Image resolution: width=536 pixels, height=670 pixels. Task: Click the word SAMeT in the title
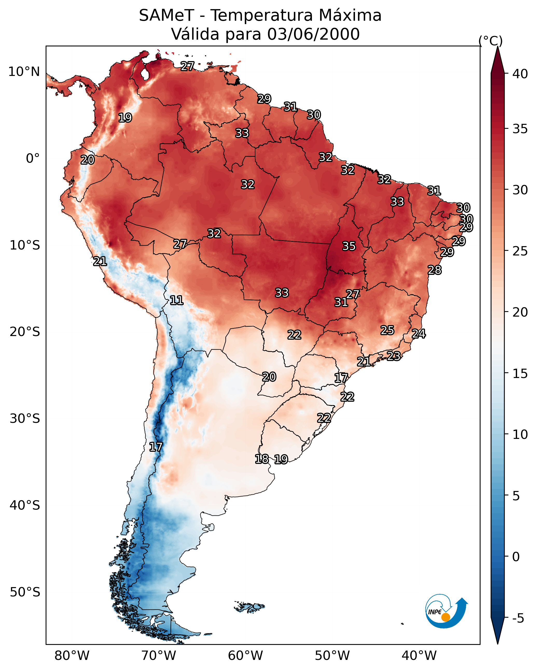click(x=166, y=16)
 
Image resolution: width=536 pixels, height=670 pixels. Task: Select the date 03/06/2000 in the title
click(x=313, y=34)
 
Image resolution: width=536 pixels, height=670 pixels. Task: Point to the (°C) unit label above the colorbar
click(x=490, y=41)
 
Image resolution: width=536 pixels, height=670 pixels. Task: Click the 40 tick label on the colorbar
click(x=520, y=74)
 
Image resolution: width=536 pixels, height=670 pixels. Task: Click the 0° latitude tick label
click(x=33, y=159)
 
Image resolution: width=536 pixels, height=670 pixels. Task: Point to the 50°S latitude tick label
click(x=25, y=592)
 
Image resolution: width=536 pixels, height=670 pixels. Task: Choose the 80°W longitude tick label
click(x=72, y=656)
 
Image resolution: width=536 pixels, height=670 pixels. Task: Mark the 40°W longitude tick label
click(x=419, y=656)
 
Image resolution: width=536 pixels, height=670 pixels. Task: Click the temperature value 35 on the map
click(x=349, y=246)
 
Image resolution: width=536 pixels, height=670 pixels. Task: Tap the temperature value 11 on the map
click(x=176, y=300)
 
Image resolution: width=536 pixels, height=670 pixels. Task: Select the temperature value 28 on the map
click(x=434, y=270)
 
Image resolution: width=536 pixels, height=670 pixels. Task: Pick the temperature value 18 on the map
click(x=262, y=459)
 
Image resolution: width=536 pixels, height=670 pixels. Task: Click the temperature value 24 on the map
click(x=419, y=334)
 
